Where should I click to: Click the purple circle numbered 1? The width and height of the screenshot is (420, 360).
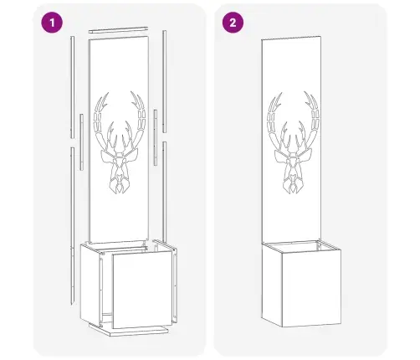(52, 23)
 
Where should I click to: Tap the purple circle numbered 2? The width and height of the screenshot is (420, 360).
(233, 23)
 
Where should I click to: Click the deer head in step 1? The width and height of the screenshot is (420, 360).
(120, 142)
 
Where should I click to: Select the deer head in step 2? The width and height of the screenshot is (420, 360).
(293, 142)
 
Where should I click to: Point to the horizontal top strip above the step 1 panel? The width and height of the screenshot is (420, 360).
(118, 30)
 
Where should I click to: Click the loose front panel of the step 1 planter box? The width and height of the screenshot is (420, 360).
(142, 289)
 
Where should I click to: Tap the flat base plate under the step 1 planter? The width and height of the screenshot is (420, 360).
(129, 330)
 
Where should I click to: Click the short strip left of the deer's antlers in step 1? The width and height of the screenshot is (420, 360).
(81, 141)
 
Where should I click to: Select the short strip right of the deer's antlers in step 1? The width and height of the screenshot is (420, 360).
(156, 137)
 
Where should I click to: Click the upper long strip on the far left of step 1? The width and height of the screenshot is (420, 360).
(73, 87)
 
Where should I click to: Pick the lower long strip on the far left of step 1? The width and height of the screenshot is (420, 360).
(73, 225)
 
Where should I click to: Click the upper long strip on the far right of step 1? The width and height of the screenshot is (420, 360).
(165, 81)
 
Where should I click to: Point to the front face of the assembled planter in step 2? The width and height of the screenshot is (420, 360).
(311, 289)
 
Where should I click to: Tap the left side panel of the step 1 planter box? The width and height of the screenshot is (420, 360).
(90, 285)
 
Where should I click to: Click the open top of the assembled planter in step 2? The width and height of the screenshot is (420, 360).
(302, 245)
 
